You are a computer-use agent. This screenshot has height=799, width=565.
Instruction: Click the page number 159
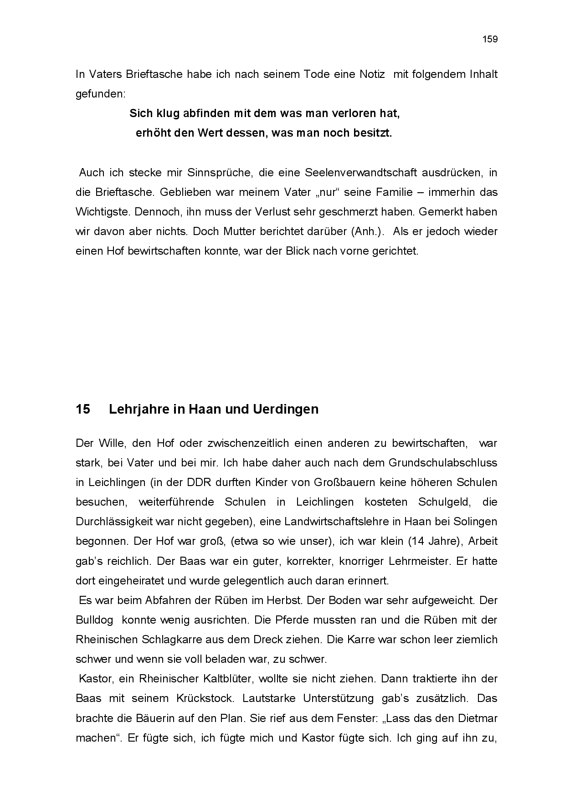490,39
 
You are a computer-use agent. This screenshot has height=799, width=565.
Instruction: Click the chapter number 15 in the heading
83,409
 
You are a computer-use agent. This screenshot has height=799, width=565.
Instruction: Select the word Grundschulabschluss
442,463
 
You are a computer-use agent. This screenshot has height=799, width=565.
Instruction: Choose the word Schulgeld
441,502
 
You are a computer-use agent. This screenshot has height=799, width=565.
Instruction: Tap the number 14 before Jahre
417,541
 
